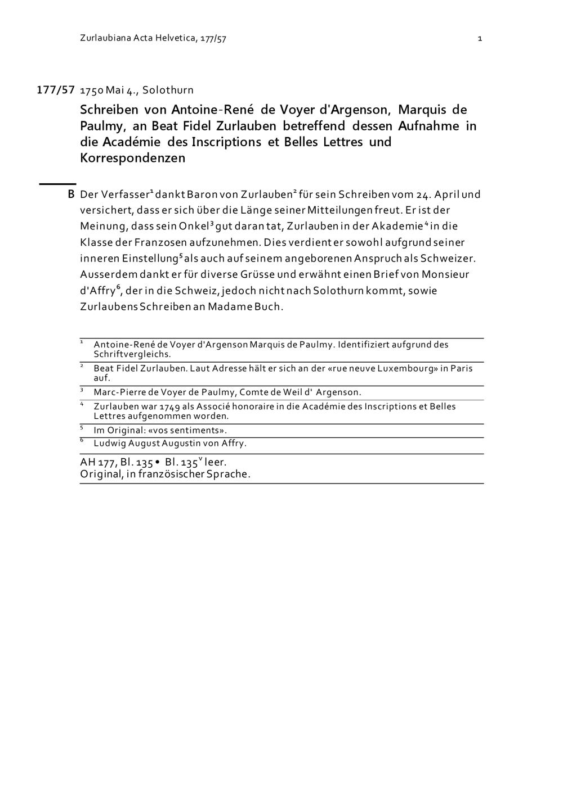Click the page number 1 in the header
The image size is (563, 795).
click(x=480, y=38)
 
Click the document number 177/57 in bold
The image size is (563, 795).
click(x=56, y=90)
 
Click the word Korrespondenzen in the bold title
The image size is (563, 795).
click(x=132, y=158)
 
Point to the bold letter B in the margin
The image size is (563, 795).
click(x=71, y=195)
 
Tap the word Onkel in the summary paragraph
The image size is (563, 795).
click(x=193, y=227)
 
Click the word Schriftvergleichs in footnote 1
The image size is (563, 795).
click(x=132, y=354)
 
